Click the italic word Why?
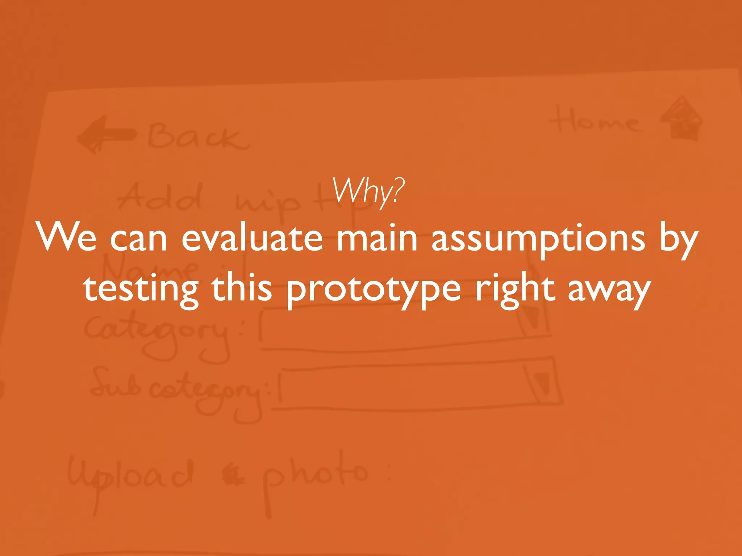[368, 192]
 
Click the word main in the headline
[377, 238]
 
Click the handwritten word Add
[159, 197]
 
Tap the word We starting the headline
[67, 238]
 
